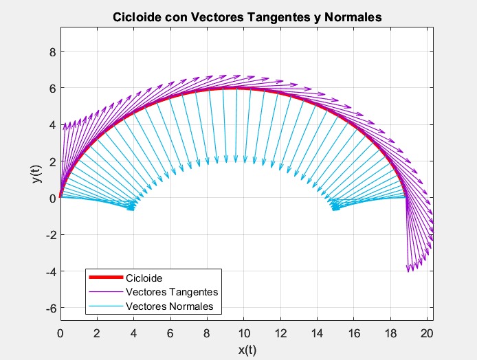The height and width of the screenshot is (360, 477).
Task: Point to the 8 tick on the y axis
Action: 52,52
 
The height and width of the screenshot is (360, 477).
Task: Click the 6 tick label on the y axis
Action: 52,88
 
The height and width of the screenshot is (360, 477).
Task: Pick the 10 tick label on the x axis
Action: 244,334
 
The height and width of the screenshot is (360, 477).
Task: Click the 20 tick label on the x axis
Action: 428,334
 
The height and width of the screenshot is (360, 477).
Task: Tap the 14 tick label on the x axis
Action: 318,334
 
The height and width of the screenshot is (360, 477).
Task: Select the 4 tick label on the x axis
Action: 134,334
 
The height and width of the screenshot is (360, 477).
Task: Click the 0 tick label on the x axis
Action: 60,334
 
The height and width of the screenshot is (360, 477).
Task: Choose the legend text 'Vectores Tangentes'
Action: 172,292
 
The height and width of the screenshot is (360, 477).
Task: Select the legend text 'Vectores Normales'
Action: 170,306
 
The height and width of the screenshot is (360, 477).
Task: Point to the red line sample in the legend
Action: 105,278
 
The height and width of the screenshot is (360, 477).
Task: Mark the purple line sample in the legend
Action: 105,292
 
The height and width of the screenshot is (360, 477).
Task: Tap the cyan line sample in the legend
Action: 105,306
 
